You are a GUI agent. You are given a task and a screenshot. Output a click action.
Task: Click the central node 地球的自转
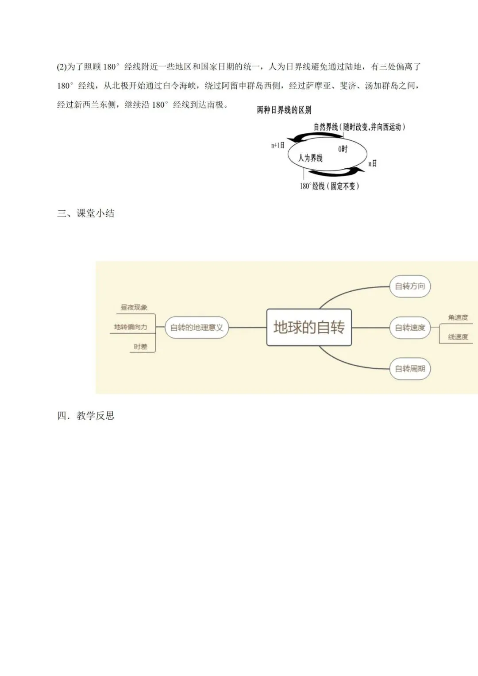[x=309, y=327]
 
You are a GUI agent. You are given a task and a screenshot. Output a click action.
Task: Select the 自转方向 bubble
[x=410, y=286]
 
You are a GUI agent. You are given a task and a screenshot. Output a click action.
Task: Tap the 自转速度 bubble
[x=410, y=328]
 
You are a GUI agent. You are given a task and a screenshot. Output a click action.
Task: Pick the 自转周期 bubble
[x=410, y=368]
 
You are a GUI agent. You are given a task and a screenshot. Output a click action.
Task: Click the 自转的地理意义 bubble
[x=197, y=328]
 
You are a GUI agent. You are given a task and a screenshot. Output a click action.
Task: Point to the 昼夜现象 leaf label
[x=134, y=307]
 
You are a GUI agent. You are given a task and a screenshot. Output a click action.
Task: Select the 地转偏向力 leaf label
[x=131, y=327]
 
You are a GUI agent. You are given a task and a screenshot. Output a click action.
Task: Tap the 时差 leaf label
[x=141, y=347]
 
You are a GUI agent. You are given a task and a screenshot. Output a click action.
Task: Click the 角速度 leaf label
[x=458, y=317]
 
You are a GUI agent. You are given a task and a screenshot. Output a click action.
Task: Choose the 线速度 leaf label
[x=458, y=337]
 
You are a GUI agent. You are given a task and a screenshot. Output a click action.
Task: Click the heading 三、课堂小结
[x=86, y=213]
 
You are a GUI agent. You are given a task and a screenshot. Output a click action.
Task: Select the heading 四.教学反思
[x=86, y=416]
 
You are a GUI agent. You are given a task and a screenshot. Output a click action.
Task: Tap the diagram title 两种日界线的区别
[x=284, y=111]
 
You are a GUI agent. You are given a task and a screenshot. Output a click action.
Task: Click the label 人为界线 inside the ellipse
[x=310, y=158]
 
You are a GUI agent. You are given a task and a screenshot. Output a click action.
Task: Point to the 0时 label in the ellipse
[x=343, y=149]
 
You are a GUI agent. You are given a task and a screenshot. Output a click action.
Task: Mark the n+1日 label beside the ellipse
[x=278, y=145]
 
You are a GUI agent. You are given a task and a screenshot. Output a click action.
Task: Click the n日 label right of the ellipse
[x=373, y=164]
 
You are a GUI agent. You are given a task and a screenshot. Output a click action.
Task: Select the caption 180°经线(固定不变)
[x=329, y=186]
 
